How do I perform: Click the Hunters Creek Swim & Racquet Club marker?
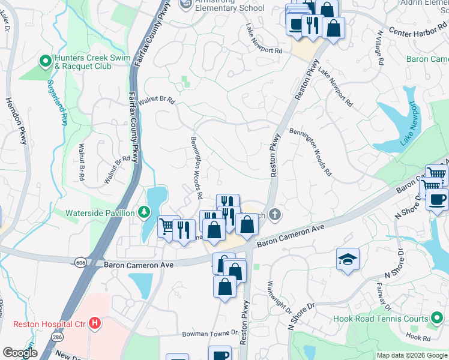tap(44, 61)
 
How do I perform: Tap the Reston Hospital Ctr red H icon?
tap(94, 324)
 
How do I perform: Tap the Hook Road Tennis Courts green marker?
tap(438, 319)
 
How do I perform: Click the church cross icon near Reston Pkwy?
tap(275, 215)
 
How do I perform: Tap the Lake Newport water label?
tap(408, 125)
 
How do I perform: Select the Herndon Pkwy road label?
tap(17, 129)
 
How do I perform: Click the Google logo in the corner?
tap(20, 352)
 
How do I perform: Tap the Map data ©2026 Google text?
tap(411, 355)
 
